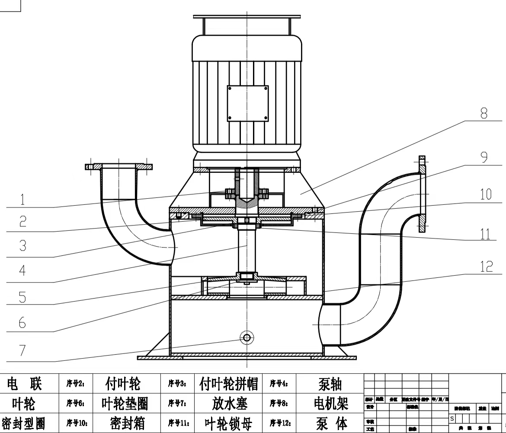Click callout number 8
click(484, 114)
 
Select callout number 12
click(487, 266)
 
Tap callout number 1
click(22, 199)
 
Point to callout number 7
click(22, 350)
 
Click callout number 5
click(22, 297)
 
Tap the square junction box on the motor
click(248, 103)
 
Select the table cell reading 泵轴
click(330, 383)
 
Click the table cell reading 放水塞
click(230, 404)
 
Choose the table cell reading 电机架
click(331, 404)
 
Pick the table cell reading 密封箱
click(128, 423)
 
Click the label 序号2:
click(75, 383)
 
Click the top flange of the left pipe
click(118, 166)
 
